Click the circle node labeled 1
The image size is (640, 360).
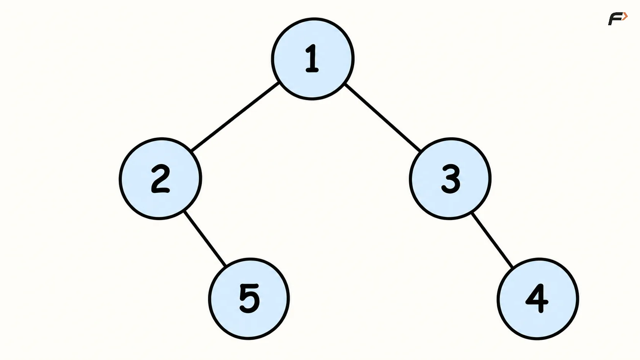point(313,59)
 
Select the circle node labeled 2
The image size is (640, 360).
point(160,179)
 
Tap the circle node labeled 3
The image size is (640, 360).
point(450,179)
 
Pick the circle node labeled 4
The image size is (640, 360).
point(538,299)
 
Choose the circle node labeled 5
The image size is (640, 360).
point(249,299)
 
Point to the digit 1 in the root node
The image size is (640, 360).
point(312,58)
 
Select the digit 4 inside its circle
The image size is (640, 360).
point(537,299)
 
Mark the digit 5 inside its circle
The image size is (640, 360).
point(250,299)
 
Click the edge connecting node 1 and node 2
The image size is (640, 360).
point(235,117)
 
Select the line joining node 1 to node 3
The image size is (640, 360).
point(383,117)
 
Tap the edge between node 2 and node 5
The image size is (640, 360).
point(204,238)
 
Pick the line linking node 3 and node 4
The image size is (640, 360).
point(492,240)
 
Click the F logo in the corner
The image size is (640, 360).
point(618,19)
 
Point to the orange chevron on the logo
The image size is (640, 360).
point(625,16)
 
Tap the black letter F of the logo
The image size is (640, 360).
point(616,19)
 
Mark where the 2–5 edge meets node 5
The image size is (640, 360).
point(225,265)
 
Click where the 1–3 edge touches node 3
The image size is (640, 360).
point(421,151)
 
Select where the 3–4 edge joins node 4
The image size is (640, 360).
point(513,267)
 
